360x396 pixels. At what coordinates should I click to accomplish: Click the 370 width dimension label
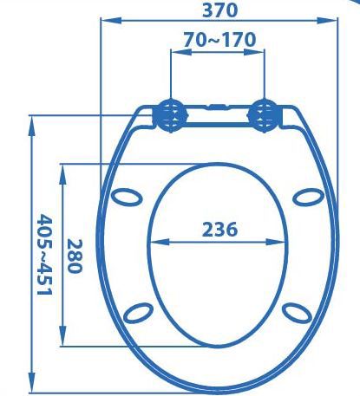(220, 10)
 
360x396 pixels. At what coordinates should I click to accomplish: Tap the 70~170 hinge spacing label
(219, 40)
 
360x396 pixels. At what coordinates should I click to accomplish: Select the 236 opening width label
(219, 230)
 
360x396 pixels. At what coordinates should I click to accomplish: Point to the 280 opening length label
(75, 256)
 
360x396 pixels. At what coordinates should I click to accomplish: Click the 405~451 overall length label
(45, 255)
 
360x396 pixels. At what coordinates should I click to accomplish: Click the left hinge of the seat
(171, 115)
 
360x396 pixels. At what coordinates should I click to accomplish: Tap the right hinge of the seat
(265, 115)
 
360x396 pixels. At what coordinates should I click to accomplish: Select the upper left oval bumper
(127, 198)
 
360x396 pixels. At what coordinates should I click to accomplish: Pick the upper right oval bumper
(309, 198)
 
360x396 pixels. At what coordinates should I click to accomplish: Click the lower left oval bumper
(138, 313)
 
